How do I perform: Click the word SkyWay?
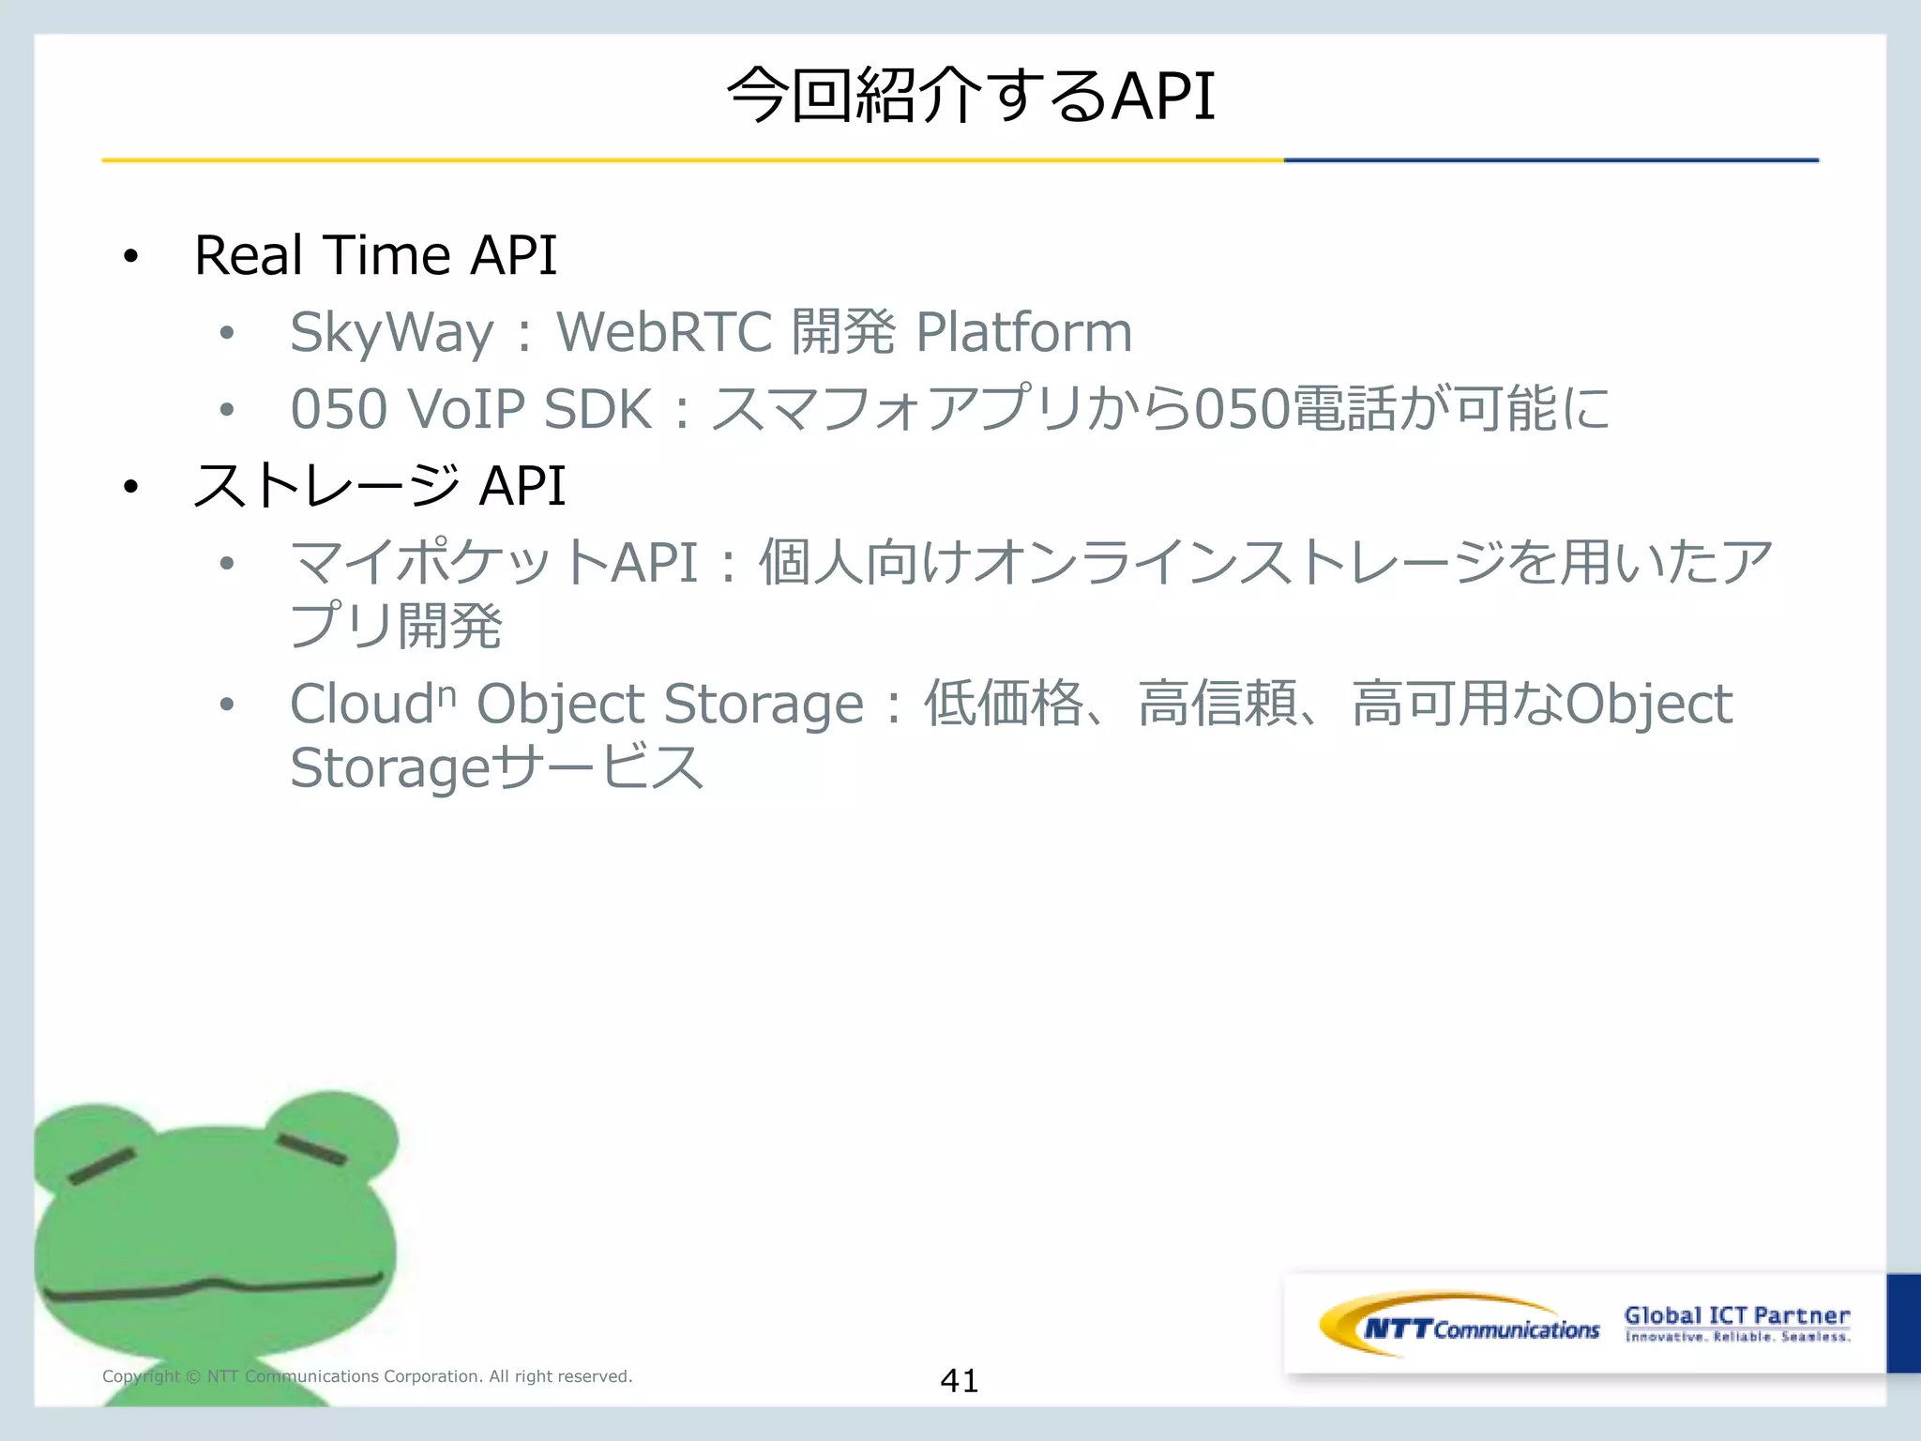tap(391, 332)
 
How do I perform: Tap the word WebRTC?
tap(664, 332)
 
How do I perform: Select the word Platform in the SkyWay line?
tap(1023, 332)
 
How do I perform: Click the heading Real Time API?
tap(375, 255)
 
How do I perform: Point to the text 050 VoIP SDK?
tap(471, 409)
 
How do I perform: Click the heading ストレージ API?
tap(379, 486)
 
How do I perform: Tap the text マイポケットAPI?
tap(494, 563)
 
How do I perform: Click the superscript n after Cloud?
tap(447, 695)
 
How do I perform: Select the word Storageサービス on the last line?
tap(496, 767)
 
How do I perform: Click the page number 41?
tap(959, 1380)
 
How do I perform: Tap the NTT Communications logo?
tap(1460, 1326)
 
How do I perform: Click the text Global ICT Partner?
tap(1736, 1315)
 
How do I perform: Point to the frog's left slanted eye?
tap(102, 1166)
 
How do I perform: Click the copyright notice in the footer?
tap(367, 1376)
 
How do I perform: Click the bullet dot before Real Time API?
tap(130, 256)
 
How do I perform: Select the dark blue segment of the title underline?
tap(1550, 160)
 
